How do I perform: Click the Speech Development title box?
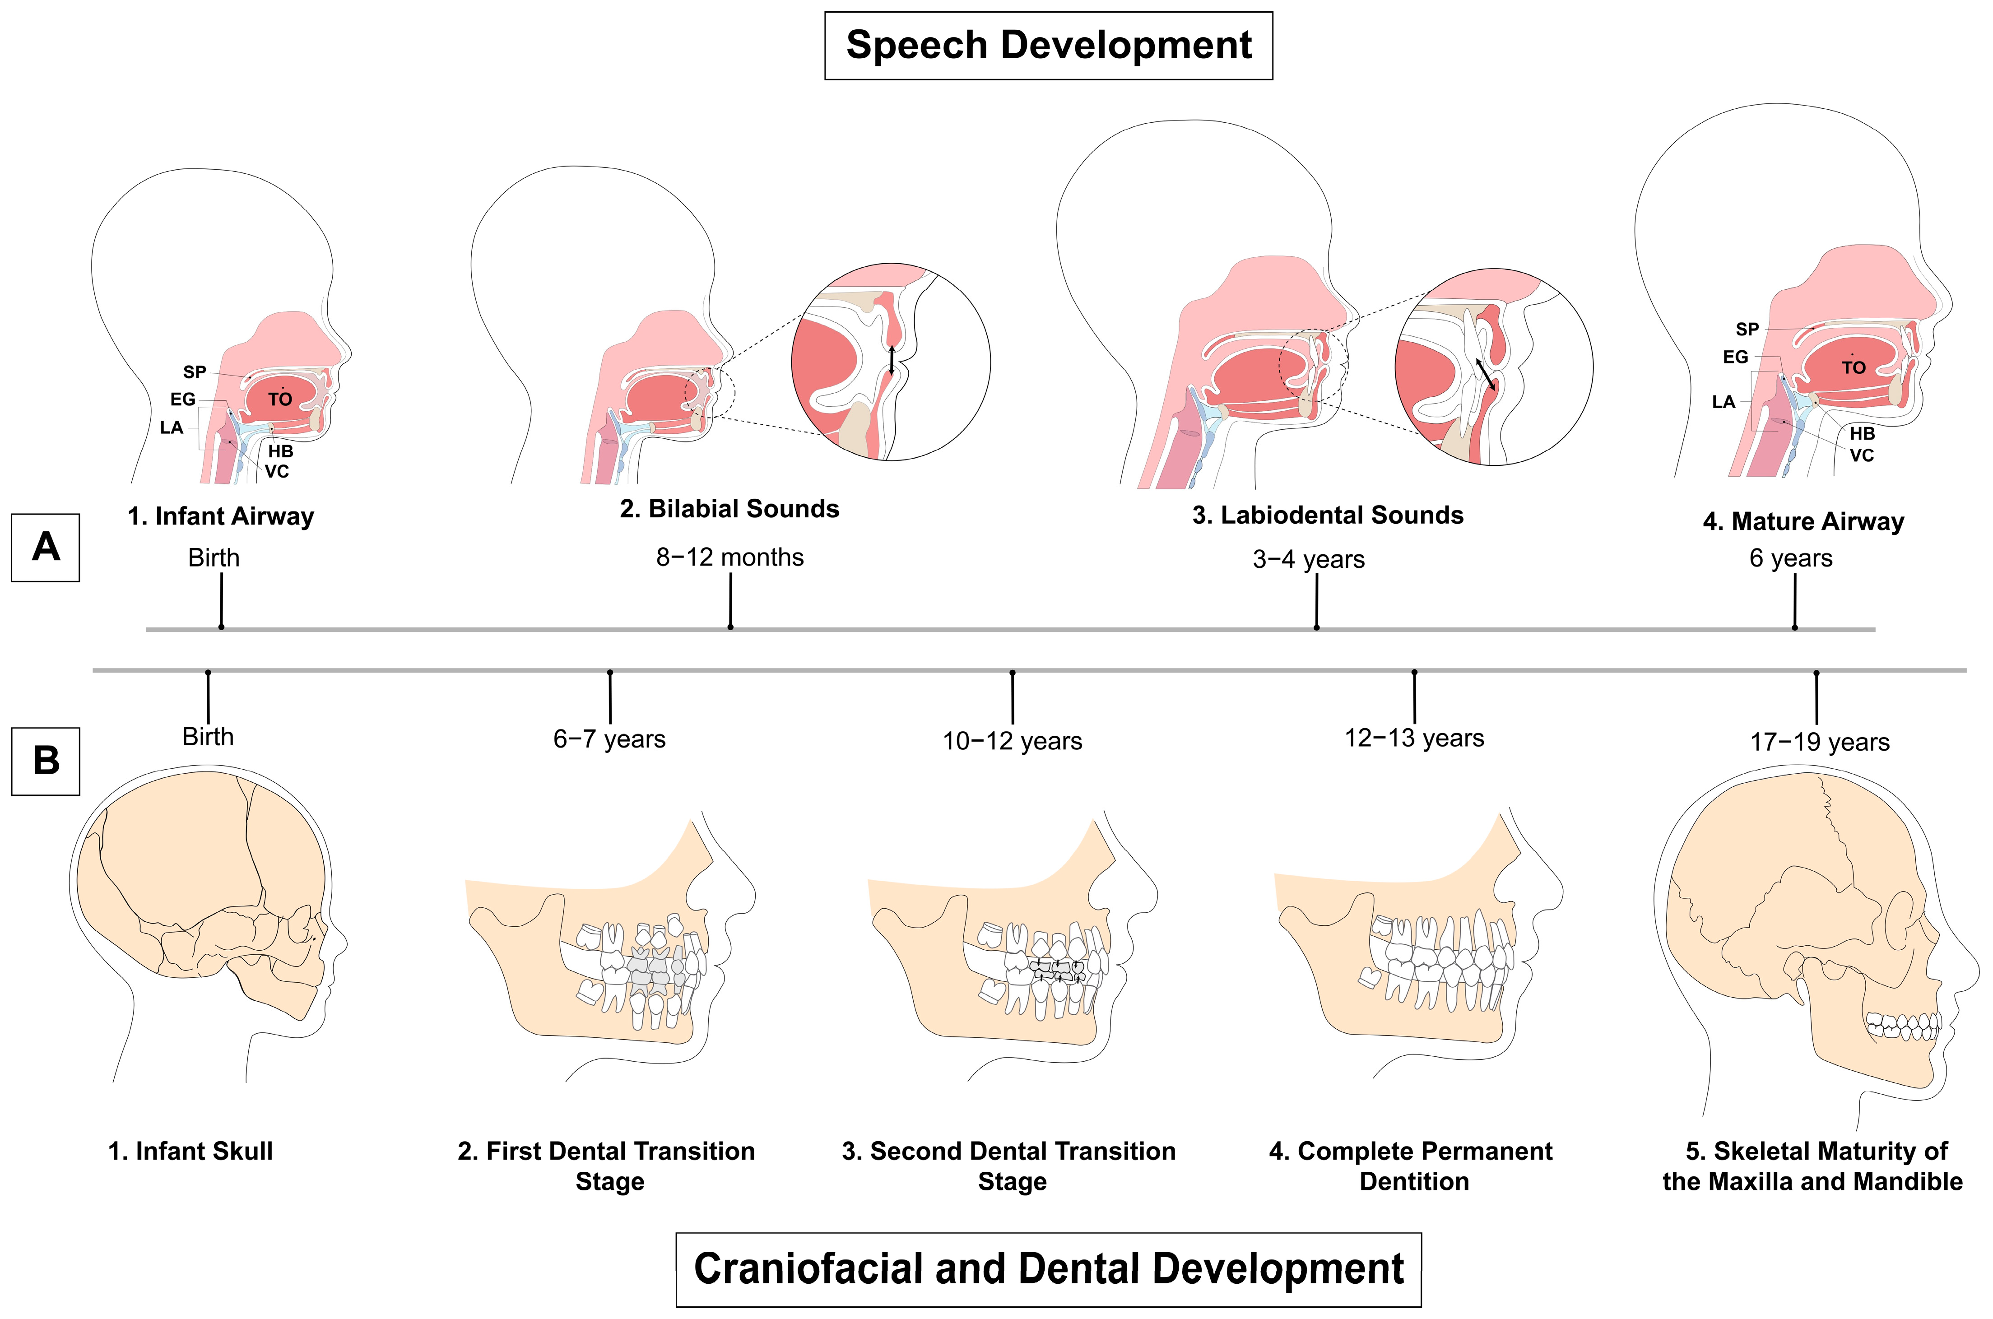[x=1048, y=46]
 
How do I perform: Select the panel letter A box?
[x=46, y=548]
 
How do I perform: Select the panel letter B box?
[x=46, y=761]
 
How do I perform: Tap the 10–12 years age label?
[x=1012, y=741]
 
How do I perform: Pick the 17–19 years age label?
[x=1820, y=742]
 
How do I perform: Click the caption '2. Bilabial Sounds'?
[x=729, y=509]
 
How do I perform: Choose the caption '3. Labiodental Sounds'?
[x=1328, y=515]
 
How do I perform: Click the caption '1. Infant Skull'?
[x=191, y=1151]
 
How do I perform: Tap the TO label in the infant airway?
[x=280, y=399]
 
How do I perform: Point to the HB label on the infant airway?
[x=280, y=452]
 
